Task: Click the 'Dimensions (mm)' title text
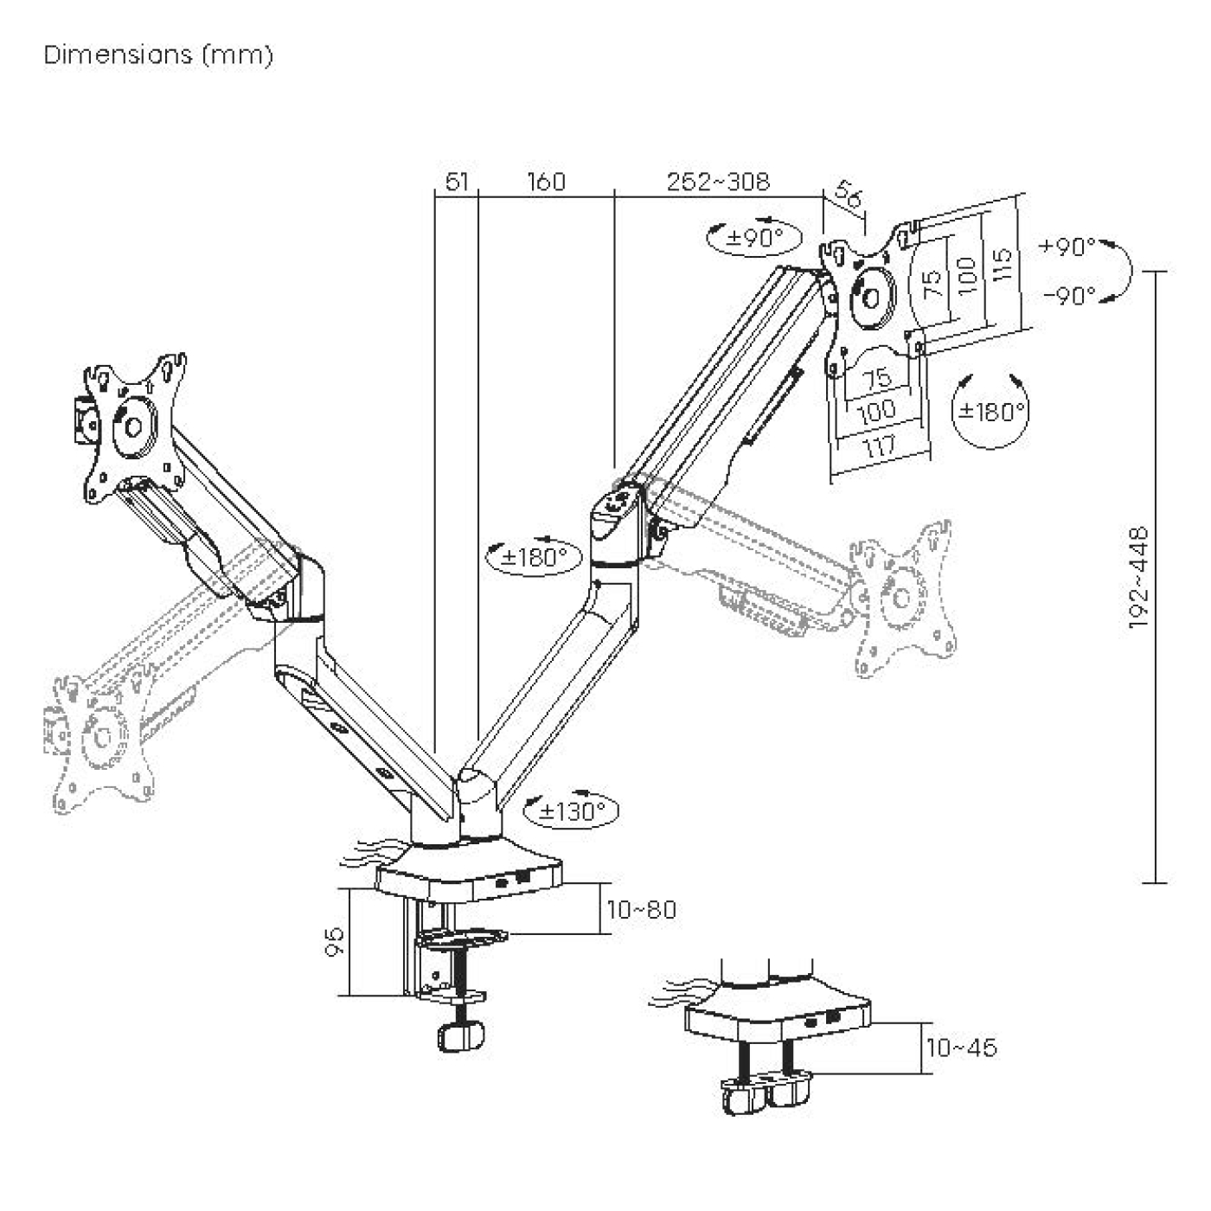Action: coord(158,55)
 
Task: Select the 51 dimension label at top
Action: coord(457,182)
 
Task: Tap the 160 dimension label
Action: coord(546,182)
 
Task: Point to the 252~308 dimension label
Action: coord(717,182)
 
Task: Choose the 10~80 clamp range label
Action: coord(641,910)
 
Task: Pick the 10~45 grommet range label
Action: coord(961,1048)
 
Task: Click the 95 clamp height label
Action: coord(335,940)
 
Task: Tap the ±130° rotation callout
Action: coord(572,811)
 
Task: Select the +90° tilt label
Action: coord(1067,247)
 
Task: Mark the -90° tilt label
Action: coord(1069,296)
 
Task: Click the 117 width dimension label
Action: coord(880,448)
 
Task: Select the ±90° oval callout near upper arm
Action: coord(754,238)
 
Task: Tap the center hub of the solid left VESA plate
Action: coord(133,426)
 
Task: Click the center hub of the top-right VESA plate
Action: coord(871,294)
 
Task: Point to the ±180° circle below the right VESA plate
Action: coord(990,411)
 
